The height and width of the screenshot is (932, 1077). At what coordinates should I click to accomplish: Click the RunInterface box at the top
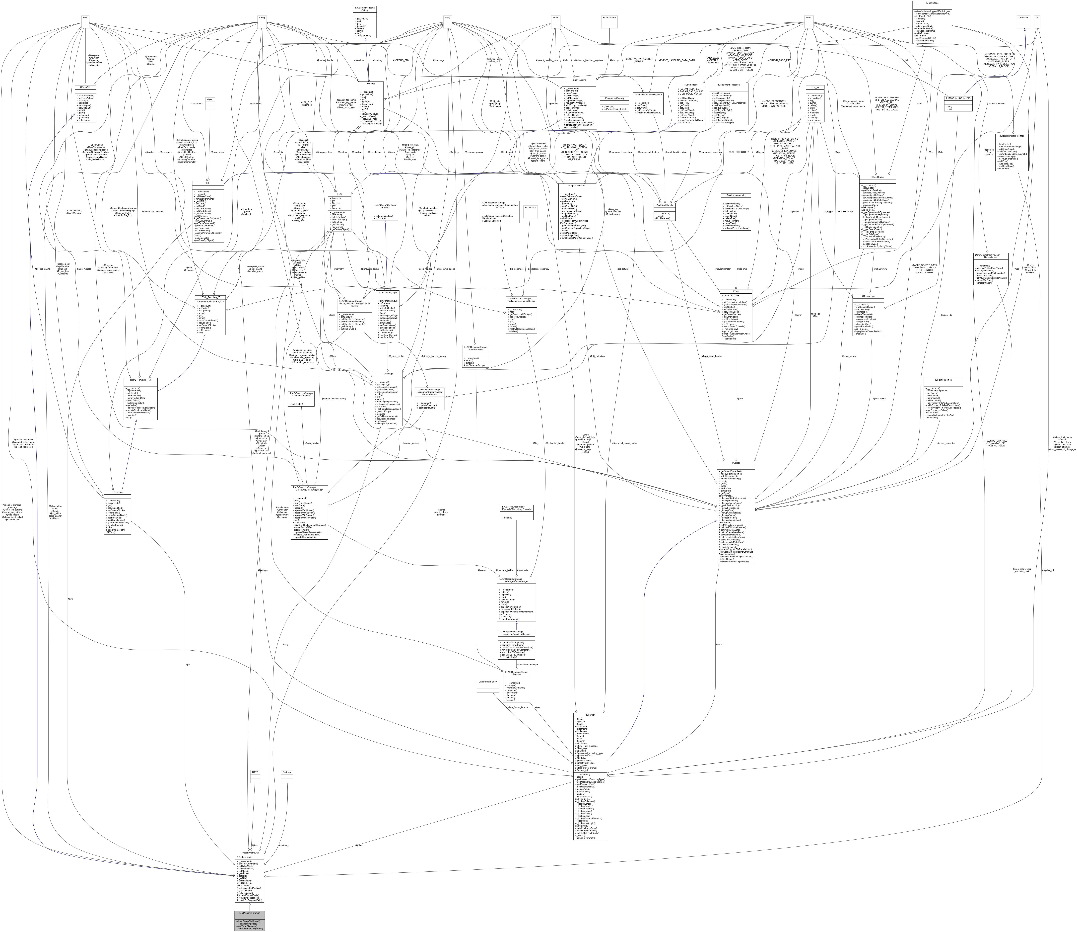pos(609,18)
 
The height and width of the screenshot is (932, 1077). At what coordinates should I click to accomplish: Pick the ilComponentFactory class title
pos(614,98)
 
